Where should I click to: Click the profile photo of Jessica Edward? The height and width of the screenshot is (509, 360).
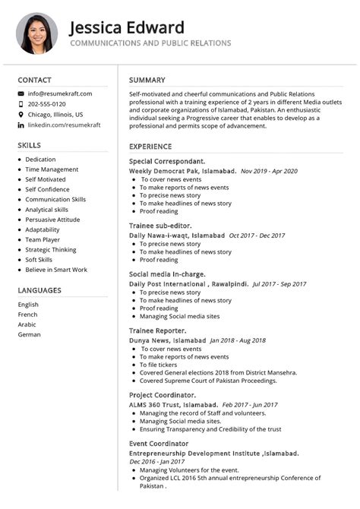36,33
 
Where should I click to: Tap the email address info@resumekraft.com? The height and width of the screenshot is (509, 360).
60,93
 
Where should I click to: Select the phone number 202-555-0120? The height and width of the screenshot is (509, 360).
46,104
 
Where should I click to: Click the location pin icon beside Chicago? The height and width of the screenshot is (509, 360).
21,115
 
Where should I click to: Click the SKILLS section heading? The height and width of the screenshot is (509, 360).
30,144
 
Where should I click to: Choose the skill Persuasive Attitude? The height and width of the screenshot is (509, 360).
52,220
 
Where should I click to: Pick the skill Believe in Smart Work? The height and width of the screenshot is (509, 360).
56,270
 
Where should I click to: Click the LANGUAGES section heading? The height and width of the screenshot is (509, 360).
39,290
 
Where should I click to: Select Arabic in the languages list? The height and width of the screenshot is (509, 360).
27,324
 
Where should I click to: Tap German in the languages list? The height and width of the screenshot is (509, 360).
30,334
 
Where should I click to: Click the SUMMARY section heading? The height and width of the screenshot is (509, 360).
147,80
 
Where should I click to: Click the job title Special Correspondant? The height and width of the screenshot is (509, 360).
167,162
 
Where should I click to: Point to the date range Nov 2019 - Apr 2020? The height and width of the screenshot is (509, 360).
269,172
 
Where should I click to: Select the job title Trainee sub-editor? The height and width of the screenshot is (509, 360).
160,226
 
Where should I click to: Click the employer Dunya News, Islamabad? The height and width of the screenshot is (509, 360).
167,341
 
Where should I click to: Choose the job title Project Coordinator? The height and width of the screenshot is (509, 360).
163,395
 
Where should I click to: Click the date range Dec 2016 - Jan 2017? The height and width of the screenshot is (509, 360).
156,461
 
